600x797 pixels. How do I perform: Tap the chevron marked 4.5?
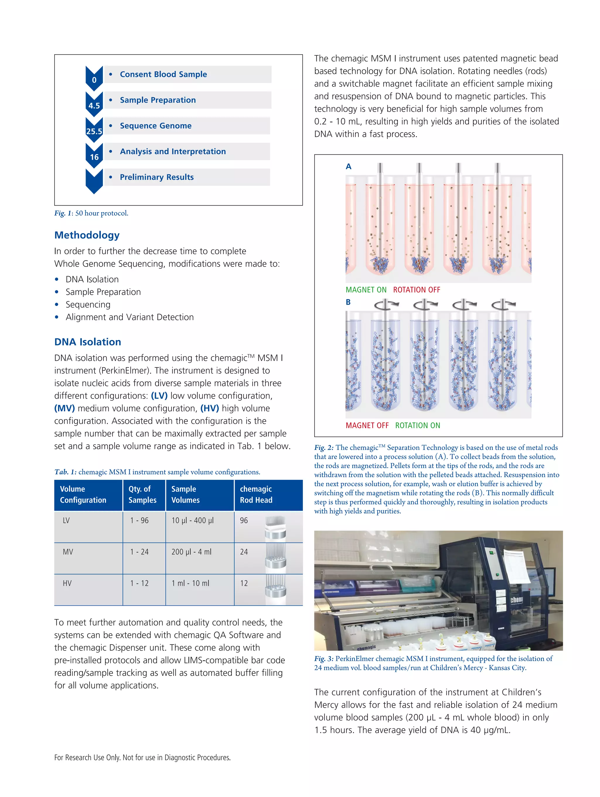[x=94, y=105]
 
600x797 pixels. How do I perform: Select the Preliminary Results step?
[x=156, y=177]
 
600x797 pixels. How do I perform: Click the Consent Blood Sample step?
[x=163, y=74]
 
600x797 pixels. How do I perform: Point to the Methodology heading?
[x=87, y=235]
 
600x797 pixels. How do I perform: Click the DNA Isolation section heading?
[x=88, y=342]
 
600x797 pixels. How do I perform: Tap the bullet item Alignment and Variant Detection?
[x=129, y=317]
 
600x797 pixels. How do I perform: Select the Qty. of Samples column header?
[x=142, y=494]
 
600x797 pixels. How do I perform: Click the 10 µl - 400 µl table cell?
[x=192, y=520]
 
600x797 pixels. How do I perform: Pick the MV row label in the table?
[x=68, y=552]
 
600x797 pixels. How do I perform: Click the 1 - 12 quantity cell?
[x=139, y=583]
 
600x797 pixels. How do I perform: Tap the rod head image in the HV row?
[x=276, y=589]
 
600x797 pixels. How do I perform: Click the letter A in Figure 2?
[x=348, y=166]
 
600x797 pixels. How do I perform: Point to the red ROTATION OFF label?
[x=417, y=290]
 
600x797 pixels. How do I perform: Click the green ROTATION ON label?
[x=418, y=425]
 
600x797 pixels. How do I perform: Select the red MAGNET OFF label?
[x=367, y=425]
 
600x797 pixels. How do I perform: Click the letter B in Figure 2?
[x=348, y=302]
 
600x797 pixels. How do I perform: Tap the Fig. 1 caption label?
[x=64, y=213]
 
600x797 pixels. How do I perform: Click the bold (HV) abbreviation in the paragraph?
[x=209, y=408]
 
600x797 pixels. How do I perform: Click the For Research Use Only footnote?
[x=142, y=757]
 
